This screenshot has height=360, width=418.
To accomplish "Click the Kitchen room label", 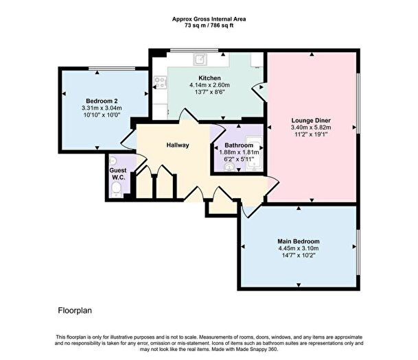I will tap(209, 77).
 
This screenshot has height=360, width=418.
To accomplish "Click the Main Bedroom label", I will tap(298, 241).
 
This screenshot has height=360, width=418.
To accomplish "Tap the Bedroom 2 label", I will tap(92, 100).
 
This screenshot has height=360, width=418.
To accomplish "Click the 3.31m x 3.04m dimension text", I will tap(92, 108).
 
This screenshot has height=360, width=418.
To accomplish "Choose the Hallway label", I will tap(178, 145).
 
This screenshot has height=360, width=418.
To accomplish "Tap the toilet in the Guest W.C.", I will tap(117, 188).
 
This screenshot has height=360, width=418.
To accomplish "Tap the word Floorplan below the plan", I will tap(75, 311).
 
